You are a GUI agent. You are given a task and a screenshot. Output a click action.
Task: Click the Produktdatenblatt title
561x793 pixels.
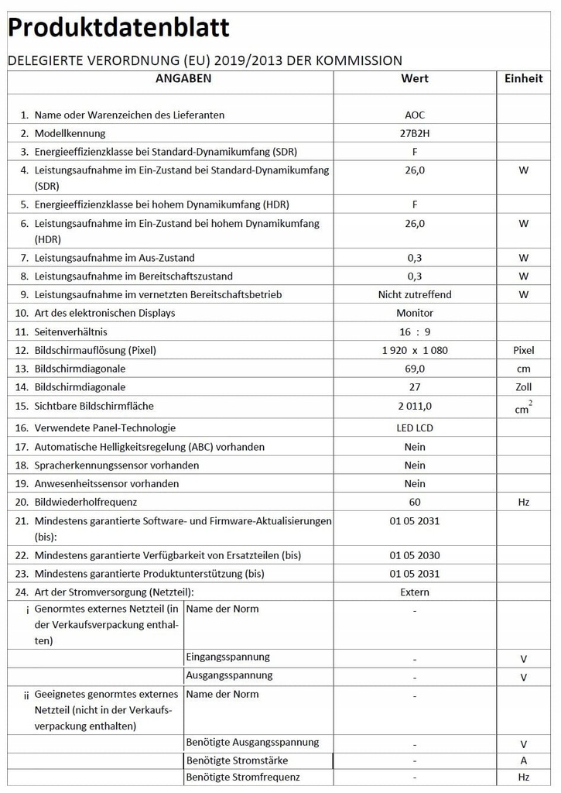pos(118,29)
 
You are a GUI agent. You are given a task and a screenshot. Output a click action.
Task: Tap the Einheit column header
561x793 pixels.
pos(524,78)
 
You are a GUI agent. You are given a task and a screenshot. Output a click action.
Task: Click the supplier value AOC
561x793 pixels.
pos(415,115)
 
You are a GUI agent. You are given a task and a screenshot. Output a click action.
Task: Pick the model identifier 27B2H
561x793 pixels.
pos(415,133)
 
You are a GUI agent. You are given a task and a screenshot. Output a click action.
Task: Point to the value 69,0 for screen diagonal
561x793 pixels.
pos(415,369)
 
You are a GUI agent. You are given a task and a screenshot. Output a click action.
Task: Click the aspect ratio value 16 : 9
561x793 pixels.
pos(415,331)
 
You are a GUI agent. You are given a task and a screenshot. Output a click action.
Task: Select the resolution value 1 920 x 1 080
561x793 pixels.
pos(415,350)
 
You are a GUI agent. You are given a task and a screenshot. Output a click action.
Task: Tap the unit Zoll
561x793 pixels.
pos(524,387)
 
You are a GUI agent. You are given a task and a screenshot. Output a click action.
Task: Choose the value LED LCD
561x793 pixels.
pos(415,427)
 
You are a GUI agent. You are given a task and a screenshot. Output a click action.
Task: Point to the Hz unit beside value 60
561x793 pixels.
pos(524,502)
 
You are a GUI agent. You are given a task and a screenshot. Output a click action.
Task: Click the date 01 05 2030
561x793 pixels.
pos(415,555)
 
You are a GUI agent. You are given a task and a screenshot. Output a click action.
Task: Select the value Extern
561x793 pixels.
pos(415,592)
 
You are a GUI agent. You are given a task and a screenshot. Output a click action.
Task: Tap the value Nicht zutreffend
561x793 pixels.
pos(415,294)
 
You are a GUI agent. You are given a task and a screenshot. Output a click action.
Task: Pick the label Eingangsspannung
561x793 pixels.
pos(228,657)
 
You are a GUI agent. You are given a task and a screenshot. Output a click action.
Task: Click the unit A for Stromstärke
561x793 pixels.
pos(524,760)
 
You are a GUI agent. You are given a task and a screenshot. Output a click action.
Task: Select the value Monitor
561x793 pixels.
pos(415,313)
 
